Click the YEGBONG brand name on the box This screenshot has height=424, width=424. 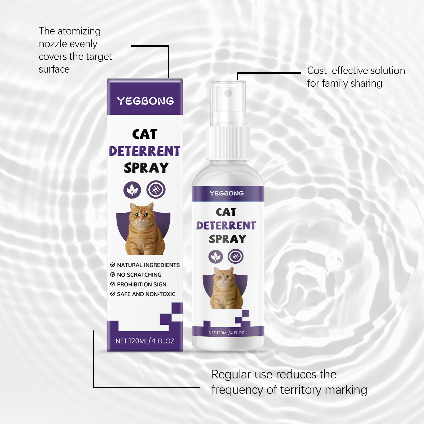[145, 101]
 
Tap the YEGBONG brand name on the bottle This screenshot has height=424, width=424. [227, 193]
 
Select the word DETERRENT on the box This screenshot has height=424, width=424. [144, 151]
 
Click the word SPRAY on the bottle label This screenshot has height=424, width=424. [227, 239]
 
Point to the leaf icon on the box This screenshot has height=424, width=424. [132, 190]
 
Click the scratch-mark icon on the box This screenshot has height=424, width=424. [156, 190]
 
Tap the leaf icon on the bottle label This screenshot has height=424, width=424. [216, 257]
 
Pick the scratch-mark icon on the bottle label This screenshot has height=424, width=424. [236, 256]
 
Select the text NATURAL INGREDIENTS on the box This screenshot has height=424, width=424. [148, 265]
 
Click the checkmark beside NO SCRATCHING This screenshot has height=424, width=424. [113, 275]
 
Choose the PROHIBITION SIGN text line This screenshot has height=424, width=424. [142, 284]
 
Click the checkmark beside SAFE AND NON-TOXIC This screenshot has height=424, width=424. [113, 294]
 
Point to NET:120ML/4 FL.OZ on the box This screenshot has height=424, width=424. [145, 341]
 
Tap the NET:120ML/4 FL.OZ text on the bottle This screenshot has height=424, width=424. [226, 333]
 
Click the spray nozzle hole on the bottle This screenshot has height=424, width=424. [228, 93]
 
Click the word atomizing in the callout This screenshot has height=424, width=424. [79, 31]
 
